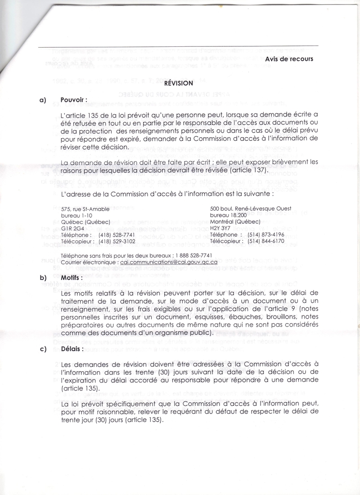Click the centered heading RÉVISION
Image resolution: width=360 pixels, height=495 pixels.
179,83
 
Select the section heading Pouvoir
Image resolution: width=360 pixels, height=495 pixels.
74,99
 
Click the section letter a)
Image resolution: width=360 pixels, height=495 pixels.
43,99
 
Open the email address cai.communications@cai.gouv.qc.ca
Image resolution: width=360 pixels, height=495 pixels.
168,262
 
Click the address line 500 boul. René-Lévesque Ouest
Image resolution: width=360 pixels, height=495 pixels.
251,209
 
